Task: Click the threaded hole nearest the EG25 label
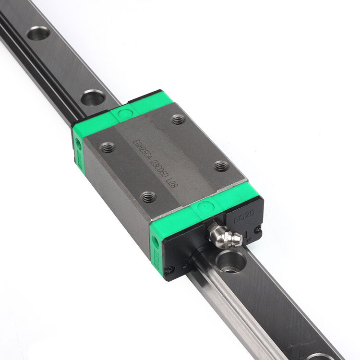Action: [x=221, y=167]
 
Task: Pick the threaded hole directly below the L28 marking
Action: [x=148, y=197]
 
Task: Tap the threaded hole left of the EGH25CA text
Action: [x=108, y=148]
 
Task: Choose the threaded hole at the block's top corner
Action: [x=178, y=119]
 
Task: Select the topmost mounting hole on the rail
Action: [x=38, y=34]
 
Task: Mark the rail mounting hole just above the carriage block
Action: [x=93, y=98]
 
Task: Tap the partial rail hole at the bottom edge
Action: [x=322, y=357]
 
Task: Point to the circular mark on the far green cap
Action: [x=124, y=114]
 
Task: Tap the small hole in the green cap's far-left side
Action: [x=77, y=143]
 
